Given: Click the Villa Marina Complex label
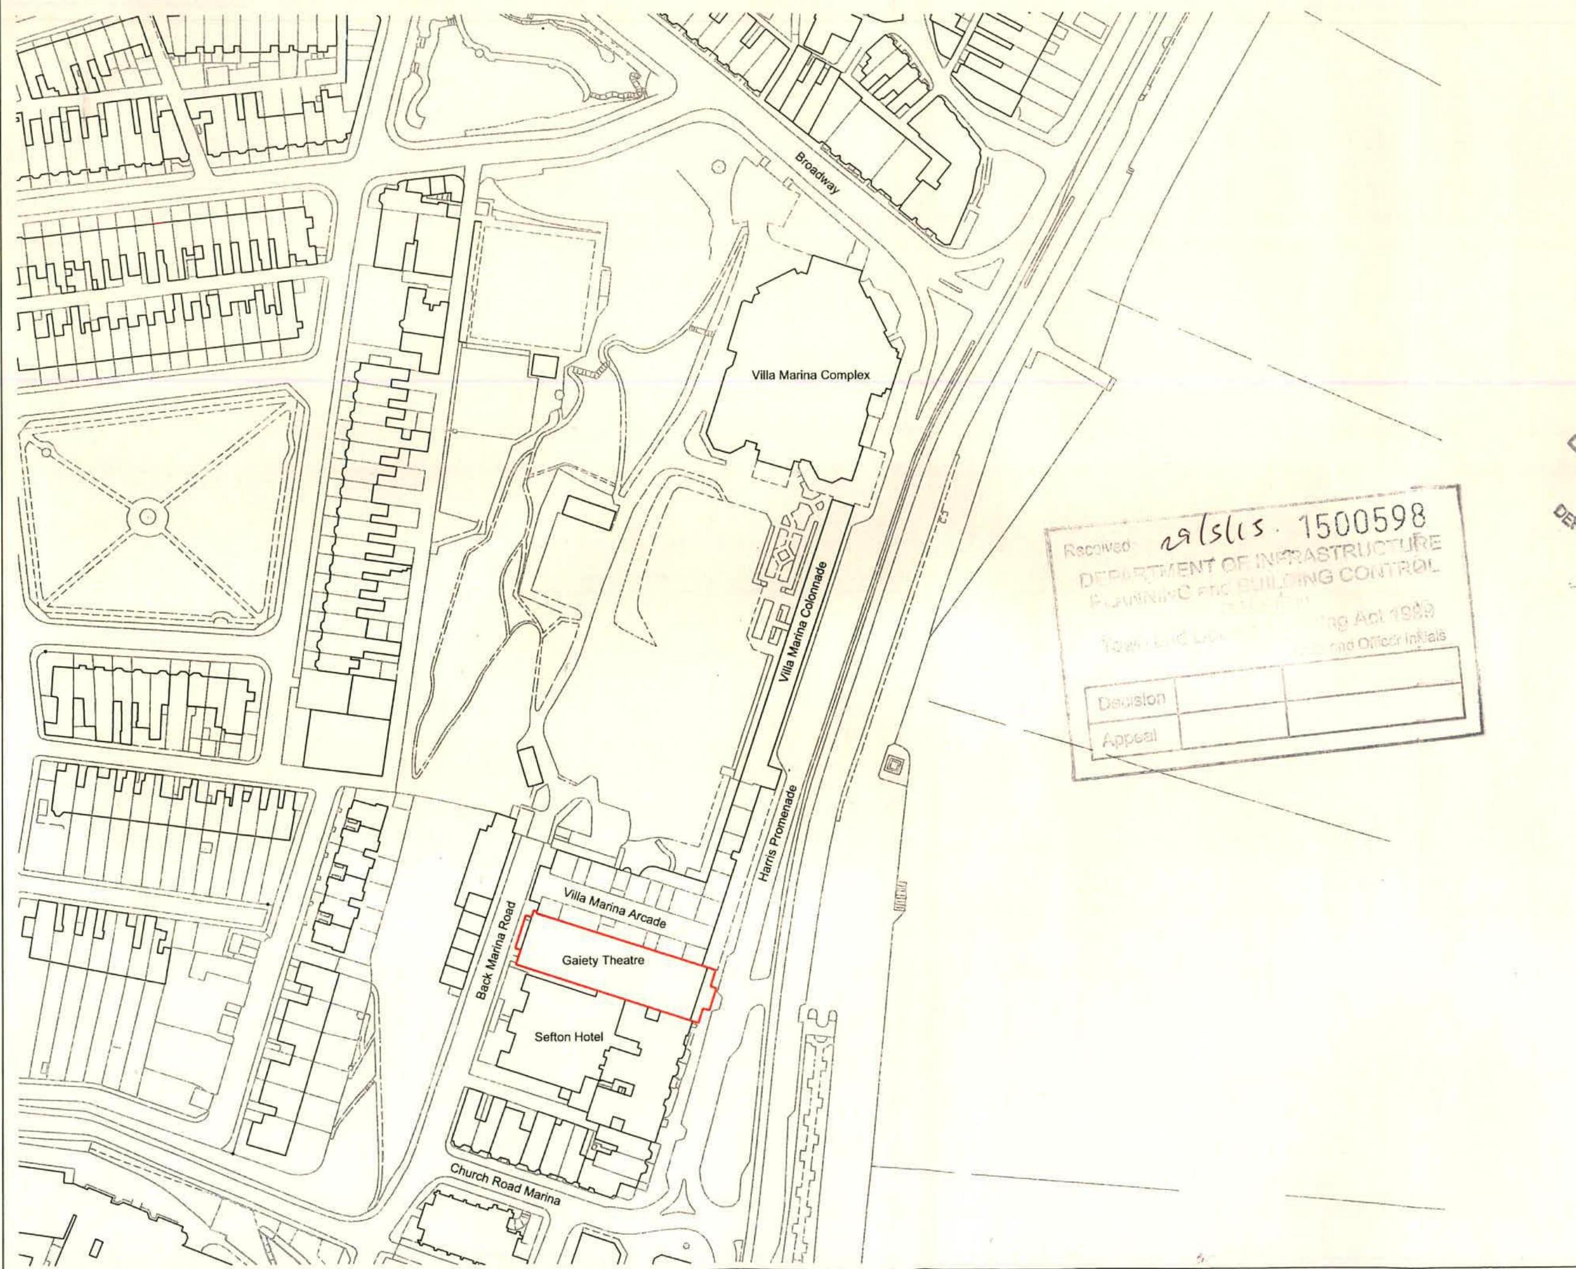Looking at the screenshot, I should pyautogui.click(x=811, y=375).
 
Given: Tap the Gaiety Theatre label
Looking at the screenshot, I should pyautogui.click(x=603, y=960).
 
